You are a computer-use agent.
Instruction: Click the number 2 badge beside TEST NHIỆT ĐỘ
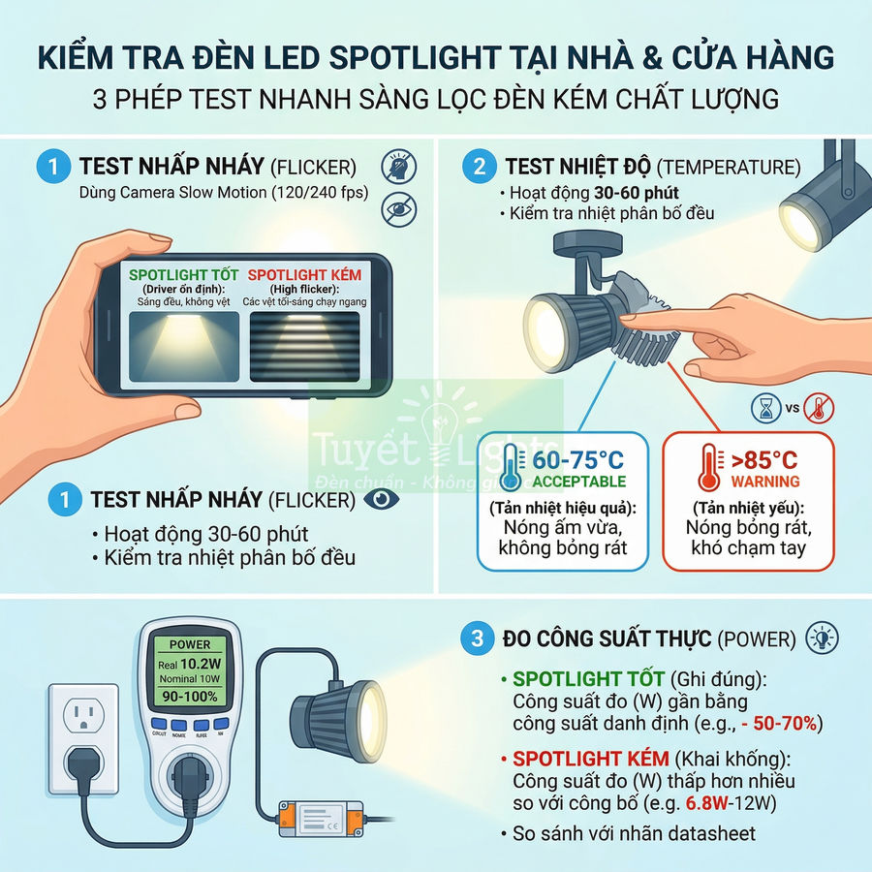(x=479, y=166)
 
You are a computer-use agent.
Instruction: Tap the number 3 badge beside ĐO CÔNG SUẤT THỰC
(x=476, y=638)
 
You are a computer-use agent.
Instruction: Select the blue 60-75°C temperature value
(x=579, y=459)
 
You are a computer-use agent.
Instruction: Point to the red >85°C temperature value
(x=764, y=459)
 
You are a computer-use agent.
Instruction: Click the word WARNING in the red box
(x=765, y=482)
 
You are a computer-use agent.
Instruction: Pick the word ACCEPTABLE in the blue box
(x=579, y=482)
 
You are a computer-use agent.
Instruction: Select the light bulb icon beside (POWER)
(x=822, y=638)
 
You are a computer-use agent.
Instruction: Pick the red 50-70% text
(x=789, y=723)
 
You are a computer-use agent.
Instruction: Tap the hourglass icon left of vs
(x=765, y=407)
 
